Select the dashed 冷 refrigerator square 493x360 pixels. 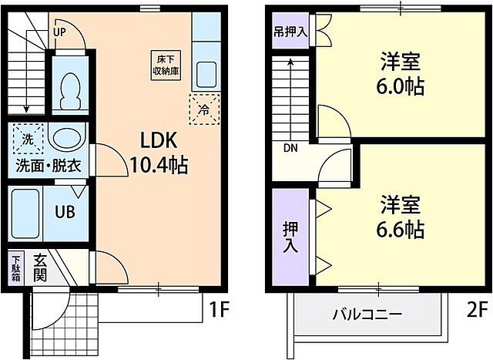[203, 109]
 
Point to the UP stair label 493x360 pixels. [59, 32]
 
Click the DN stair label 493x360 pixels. [290, 149]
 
